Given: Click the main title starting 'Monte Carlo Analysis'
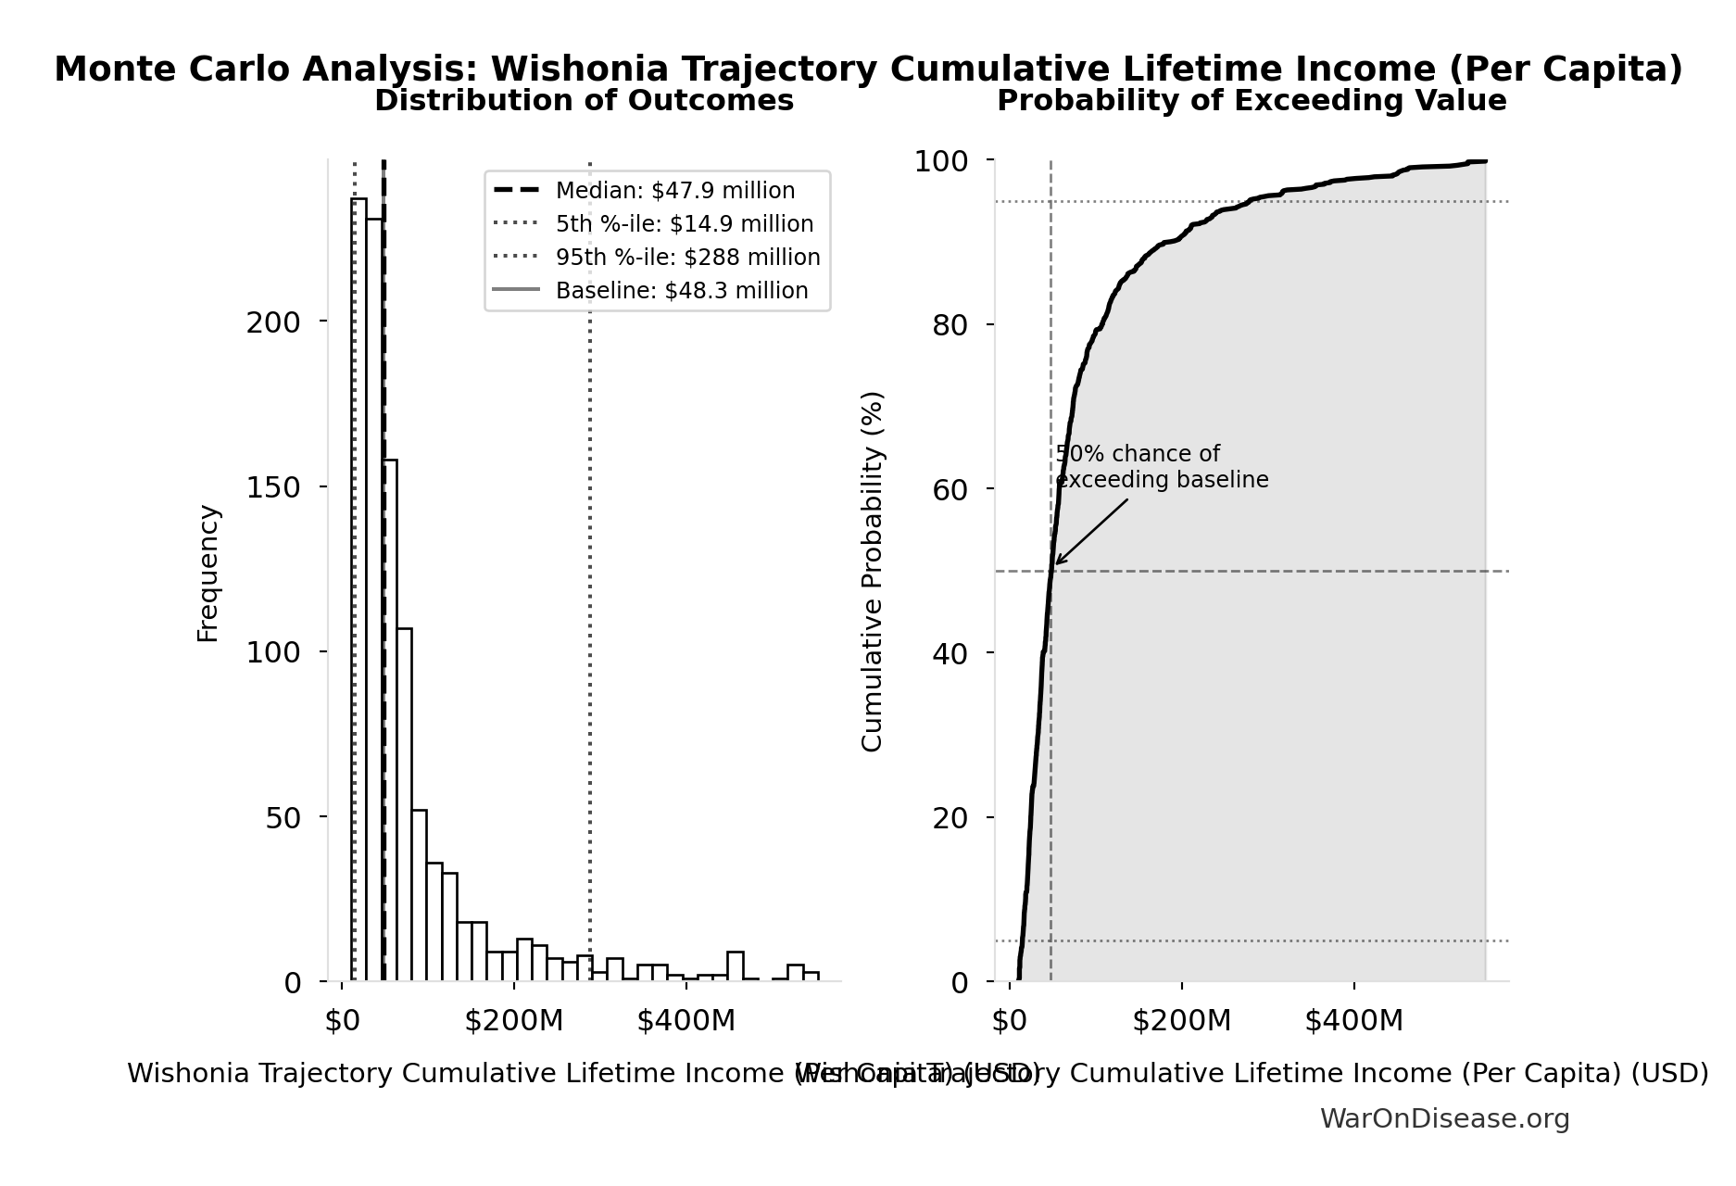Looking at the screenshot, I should [868, 69].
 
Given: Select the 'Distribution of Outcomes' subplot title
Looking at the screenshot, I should [584, 101].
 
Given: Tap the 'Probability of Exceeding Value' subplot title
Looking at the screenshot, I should [1252, 101].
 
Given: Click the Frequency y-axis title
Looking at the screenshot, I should [208, 573].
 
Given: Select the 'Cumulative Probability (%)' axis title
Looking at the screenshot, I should [873, 571].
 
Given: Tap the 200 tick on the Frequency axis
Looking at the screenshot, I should [273, 322].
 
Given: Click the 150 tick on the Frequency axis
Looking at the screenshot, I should [273, 487].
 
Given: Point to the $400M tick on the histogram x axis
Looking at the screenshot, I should [686, 1021].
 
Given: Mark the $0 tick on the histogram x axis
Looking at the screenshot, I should [342, 1021].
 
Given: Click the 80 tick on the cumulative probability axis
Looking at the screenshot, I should [950, 325].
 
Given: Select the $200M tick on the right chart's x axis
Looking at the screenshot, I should [1181, 1021].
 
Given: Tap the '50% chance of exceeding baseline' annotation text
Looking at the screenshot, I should [1161, 467].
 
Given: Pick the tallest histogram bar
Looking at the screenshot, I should [359, 593].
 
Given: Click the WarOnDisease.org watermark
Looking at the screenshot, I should [1444, 1119].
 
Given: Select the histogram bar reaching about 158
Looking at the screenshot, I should [390, 723].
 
